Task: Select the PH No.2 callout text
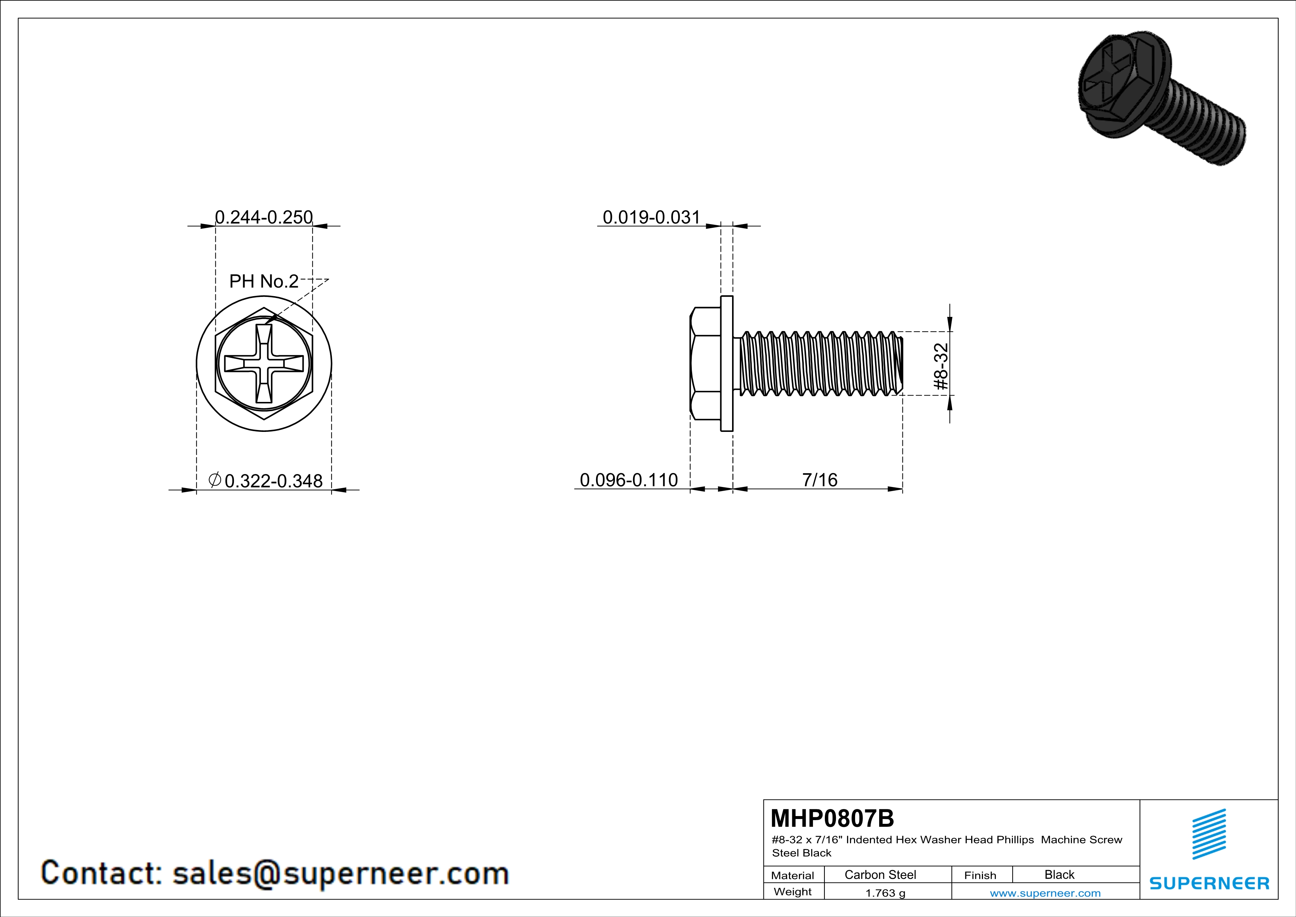point(263,281)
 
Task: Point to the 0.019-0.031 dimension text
point(652,217)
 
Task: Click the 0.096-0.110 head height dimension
point(629,480)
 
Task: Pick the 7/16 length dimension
point(820,480)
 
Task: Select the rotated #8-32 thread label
point(941,366)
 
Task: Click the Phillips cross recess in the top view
point(264,363)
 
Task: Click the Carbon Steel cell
point(880,874)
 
